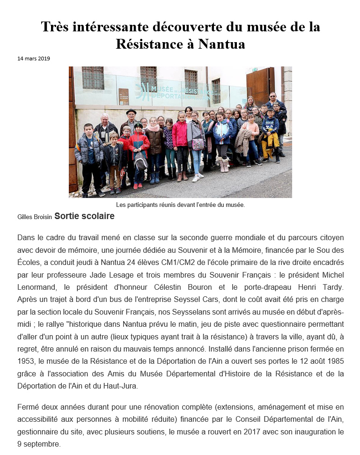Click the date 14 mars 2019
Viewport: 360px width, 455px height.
(x=34, y=59)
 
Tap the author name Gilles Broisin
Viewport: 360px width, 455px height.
(x=34, y=217)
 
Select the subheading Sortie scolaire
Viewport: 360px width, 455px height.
(x=84, y=216)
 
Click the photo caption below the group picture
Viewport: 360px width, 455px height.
(x=180, y=205)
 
